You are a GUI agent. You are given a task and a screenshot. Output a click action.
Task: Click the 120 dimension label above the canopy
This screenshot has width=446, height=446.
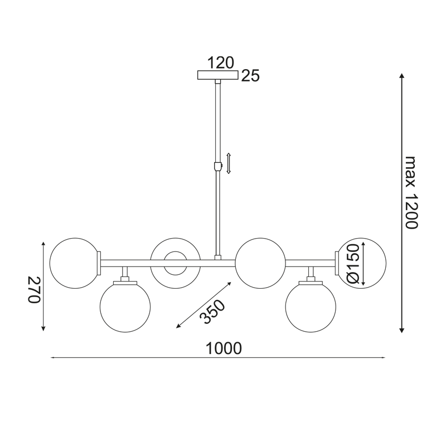[x=221, y=62]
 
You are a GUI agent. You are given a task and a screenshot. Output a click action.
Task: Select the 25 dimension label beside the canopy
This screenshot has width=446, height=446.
[x=251, y=76]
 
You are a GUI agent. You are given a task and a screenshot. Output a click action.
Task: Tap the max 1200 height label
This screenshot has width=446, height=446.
[x=411, y=193]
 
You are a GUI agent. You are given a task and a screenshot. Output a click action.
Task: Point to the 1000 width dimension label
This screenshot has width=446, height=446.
[x=224, y=348]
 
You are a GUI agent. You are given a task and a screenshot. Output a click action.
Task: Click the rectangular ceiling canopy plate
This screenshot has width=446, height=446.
[x=218, y=75]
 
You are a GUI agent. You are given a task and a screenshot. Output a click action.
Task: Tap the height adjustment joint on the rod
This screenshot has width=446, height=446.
[x=218, y=166]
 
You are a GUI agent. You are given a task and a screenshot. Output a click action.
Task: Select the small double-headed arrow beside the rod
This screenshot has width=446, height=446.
[x=229, y=163]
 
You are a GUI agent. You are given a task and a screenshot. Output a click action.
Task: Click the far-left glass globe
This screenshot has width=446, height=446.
[x=74, y=263]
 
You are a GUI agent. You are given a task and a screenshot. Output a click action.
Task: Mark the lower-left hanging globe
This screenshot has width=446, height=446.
[x=125, y=307]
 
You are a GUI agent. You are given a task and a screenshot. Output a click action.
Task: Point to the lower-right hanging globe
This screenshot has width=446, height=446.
[x=311, y=307]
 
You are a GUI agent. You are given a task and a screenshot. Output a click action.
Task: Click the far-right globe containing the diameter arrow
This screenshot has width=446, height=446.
[x=368, y=263]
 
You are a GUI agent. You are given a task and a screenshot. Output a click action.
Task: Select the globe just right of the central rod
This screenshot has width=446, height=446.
[x=260, y=263]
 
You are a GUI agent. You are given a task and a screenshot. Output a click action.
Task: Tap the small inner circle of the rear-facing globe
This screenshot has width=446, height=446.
[x=175, y=263]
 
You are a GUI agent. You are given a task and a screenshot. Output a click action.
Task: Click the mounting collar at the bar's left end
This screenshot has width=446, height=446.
[x=99, y=263]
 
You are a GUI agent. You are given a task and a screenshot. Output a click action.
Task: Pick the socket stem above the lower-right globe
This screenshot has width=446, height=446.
[x=311, y=273]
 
